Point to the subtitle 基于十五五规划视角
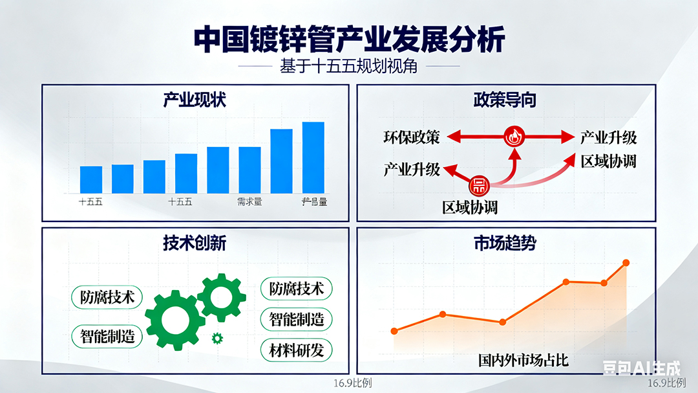pos(349,67)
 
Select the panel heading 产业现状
pos(195,100)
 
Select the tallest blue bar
pos(313,157)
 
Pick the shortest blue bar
pos(91,179)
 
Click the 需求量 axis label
pos(249,202)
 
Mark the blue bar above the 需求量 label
pos(249,170)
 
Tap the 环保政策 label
pos(411,137)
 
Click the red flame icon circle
pos(514,137)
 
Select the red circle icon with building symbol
pos(479,186)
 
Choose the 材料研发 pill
pos(297,350)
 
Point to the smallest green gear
pos(217,337)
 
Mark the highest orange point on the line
pos(626,262)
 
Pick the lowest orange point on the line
pos(395,331)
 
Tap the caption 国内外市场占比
pos(523,360)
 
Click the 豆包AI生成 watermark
pos(642,368)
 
